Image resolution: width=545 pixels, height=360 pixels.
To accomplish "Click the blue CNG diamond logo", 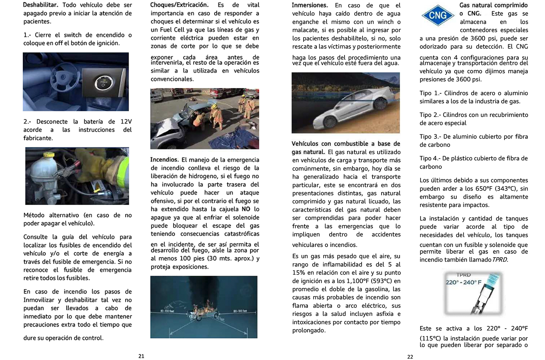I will pyautogui.click(x=438, y=15).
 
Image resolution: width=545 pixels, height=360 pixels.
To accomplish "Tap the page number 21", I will pyautogui.click(x=141, y=356).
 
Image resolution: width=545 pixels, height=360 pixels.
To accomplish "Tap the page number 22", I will pyautogui.click(x=410, y=357).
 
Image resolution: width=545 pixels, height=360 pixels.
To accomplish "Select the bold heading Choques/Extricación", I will pyautogui.click(x=179, y=5).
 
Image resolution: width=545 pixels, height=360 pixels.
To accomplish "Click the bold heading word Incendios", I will pyautogui.click(x=164, y=160).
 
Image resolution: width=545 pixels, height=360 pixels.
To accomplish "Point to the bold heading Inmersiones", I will pyautogui.click(x=310, y=5).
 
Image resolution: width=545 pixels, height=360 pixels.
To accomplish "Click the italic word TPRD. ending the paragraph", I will pyautogui.click(x=500, y=260).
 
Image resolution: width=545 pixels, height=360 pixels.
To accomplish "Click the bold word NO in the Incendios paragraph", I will pyautogui.click(x=246, y=209).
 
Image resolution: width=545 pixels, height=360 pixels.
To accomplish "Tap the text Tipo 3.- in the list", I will pyautogui.click(x=430, y=136).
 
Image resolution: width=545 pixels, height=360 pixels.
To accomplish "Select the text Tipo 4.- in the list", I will pyautogui.click(x=430, y=158).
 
